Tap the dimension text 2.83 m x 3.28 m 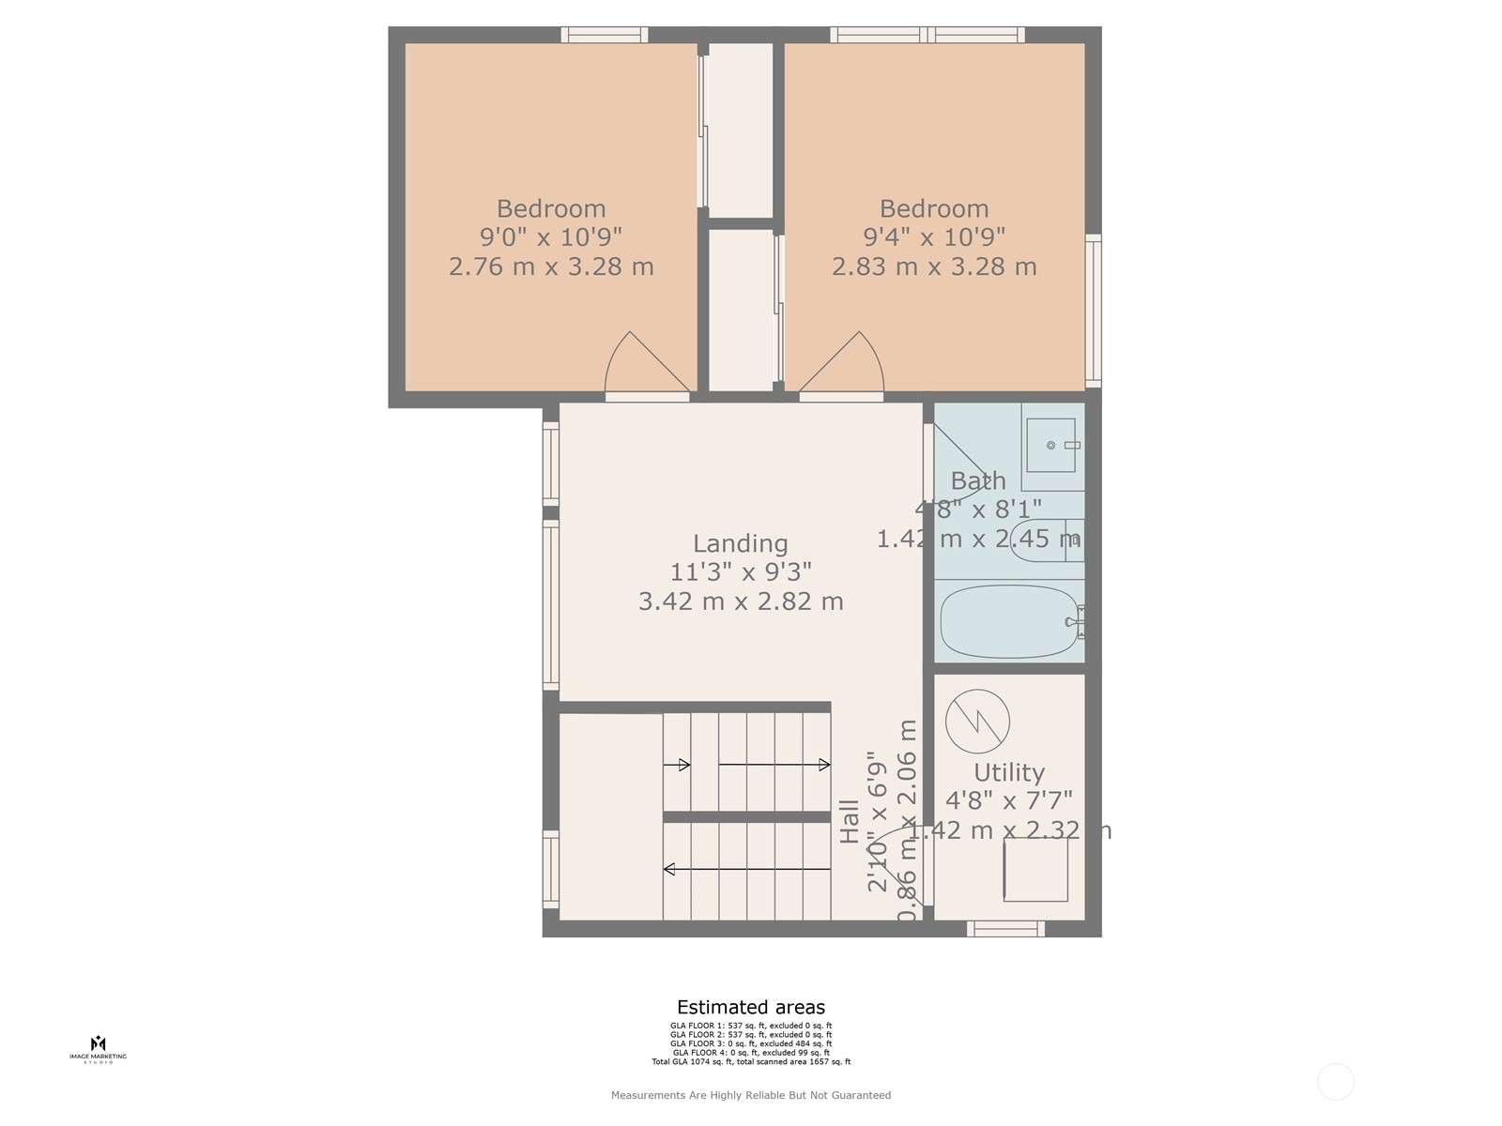pyautogui.click(x=934, y=266)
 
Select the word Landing pyautogui.click(x=740, y=543)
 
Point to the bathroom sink pyautogui.click(x=1051, y=446)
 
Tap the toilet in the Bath pyautogui.click(x=1045, y=540)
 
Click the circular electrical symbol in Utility pyautogui.click(x=977, y=722)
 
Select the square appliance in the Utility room pyautogui.click(x=1035, y=869)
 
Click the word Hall pyautogui.click(x=850, y=821)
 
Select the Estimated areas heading pyautogui.click(x=751, y=1008)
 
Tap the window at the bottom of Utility pyautogui.click(x=1005, y=928)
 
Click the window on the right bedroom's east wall pyautogui.click(x=1093, y=311)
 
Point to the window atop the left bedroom pyautogui.click(x=605, y=35)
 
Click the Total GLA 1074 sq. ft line pyautogui.click(x=751, y=1062)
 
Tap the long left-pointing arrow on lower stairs pyautogui.click(x=747, y=870)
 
